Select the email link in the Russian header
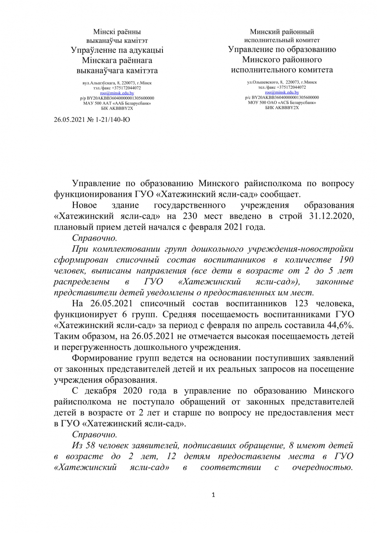pyautogui.click(x=282, y=92)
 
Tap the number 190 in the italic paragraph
pyautogui.click(x=347, y=260)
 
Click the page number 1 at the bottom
pyautogui.click(x=213, y=495)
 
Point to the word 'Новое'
pyautogui.click(x=85, y=206)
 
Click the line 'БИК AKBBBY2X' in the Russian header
pyautogui.click(x=282, y=107)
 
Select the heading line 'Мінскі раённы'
pyautogui.click(x=117, y=32)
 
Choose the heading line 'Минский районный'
pyautogui.click(x=282, y=32)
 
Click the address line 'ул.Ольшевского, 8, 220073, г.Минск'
pyautogui.click(x=282, y=82)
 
